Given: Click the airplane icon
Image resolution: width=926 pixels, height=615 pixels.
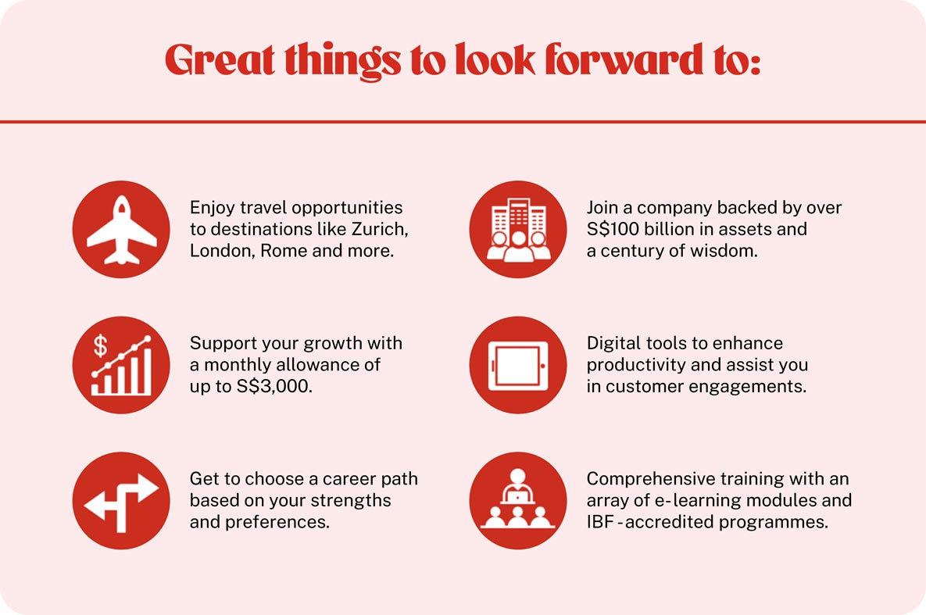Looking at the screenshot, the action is pyautogui.click(x=122, y=230).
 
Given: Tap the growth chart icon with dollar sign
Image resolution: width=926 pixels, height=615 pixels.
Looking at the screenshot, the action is pyautogui.click(x=122, y=365).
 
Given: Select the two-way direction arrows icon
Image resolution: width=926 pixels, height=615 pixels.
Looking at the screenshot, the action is pyautogui.click(x=122, y=502).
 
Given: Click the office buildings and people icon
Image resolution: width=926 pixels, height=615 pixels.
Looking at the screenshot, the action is pyautogui.click(x=519, y=230).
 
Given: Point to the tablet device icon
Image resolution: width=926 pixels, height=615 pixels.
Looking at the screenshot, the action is pyautogui.click(x=519, y=366).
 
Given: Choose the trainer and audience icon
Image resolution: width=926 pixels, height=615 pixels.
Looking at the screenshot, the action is pyautogui.click(x=518, y=499).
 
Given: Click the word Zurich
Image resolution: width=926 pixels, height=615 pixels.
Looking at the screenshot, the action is pyautogui.click(x=379, y=229).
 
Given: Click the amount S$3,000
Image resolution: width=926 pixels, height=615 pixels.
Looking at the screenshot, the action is pyautogui.click(x=274, y=386).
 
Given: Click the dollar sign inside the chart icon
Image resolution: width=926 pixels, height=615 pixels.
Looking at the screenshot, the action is pyautogui.click(x=100, y=345).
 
